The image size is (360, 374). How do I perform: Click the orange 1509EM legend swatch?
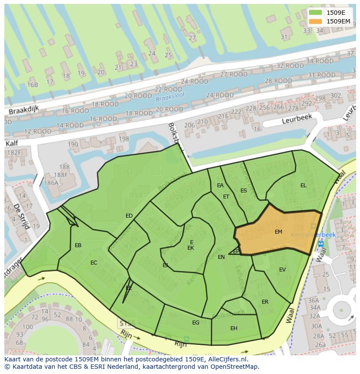[x=316, y=21]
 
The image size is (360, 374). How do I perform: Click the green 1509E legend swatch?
[x=316, y=13]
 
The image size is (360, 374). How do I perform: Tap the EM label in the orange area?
[x=278, y=232]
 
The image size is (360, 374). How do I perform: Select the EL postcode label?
[x=303, y=185]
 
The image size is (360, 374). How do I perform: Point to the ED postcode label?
[x=129, y=216]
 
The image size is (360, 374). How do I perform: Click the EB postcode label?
[x=78, y=245]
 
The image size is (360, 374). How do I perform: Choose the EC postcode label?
[x=94, y=263]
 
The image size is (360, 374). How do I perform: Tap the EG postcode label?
[x=196, y=322]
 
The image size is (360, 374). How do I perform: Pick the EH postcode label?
[x=234, y=328]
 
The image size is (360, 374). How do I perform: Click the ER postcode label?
[x=265, y=302]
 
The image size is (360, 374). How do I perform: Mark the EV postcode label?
[x=282, y=270]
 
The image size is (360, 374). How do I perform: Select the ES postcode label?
[x=243, y=191]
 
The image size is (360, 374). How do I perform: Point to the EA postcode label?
[x=220, y=185]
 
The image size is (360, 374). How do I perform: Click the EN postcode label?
[x=221, y=257]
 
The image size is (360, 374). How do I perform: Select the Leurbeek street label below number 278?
[x=297, y=119]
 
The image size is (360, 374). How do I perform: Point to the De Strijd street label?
[x=20, y=216]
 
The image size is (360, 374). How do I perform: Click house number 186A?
[x=51, y=183]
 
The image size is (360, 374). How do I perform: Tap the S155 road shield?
[x=127, y=324]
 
